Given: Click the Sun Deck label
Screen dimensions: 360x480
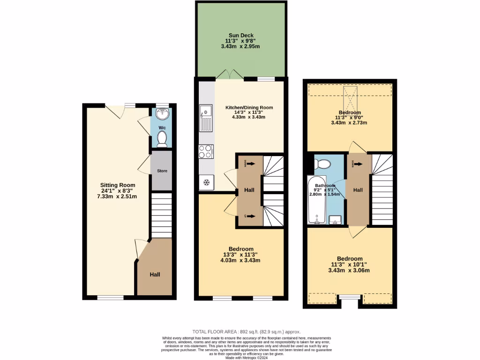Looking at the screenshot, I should coord(241,35).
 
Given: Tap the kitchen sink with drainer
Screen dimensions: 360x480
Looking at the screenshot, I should coord(205,118).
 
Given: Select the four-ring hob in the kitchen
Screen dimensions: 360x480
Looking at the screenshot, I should coord(206,151).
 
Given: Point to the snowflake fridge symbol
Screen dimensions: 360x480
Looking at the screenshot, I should coord(206,182).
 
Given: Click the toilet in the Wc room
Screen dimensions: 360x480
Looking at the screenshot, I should coord(162,138).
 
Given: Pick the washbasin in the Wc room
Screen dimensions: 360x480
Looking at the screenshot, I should coord(162,114).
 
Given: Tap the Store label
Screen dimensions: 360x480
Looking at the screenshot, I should coord(162,171).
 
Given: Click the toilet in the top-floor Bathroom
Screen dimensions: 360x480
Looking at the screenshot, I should coord(322,164).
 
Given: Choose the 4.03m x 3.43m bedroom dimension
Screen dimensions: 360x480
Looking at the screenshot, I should coord(241,261).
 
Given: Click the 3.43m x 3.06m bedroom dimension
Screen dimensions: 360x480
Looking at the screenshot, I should coord(350,270).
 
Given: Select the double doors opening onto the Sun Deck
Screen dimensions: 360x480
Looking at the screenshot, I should coord(229,75).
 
